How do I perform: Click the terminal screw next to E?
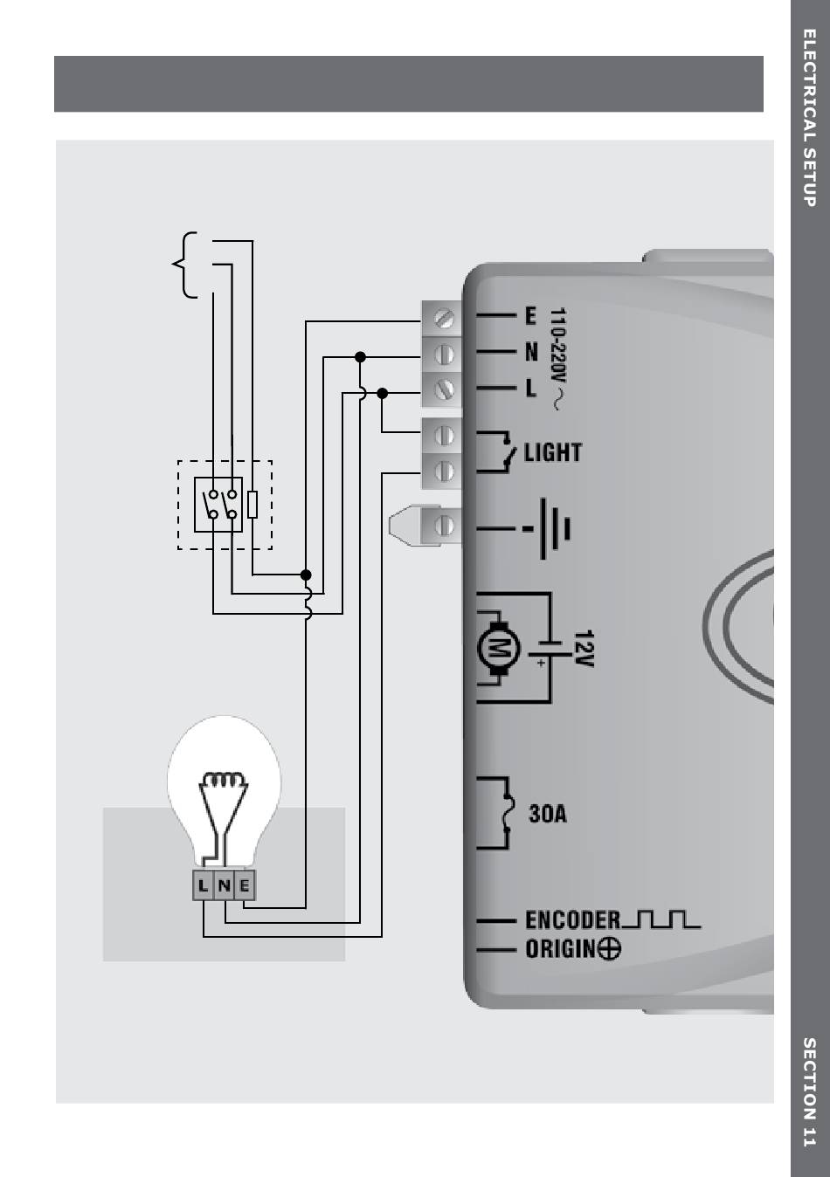444,318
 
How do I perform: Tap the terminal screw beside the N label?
444,354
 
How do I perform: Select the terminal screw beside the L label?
444,389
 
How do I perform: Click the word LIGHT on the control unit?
552,452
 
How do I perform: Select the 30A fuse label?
548,814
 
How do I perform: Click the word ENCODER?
572,920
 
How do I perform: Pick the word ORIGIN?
560,949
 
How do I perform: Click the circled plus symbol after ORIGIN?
610,949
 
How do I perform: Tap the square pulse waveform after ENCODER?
662,919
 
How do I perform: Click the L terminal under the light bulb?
204,885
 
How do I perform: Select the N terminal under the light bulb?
225,885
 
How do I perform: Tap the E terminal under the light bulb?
246,885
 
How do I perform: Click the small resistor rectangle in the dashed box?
252,505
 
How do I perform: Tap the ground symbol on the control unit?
554,528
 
